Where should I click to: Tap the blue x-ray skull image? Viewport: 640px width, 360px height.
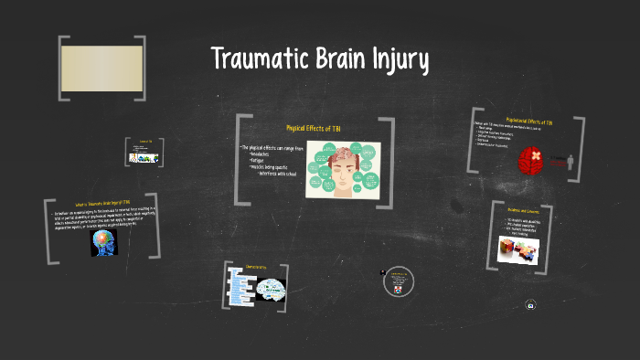(x=103, y=241)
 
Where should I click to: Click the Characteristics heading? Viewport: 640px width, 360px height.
(x=256, y=267)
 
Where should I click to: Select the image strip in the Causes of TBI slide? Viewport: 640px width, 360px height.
(x=144, y=157)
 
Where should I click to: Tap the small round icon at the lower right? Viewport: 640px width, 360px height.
(x=530, y=307)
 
